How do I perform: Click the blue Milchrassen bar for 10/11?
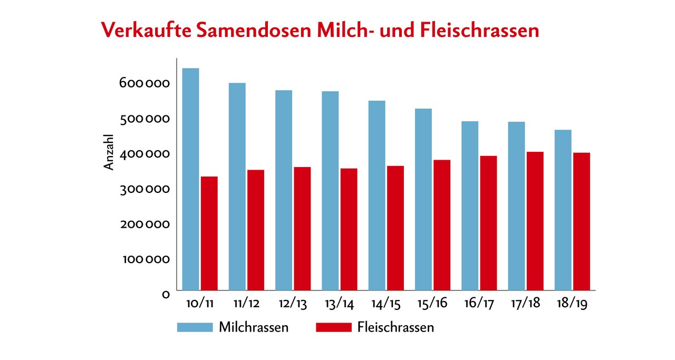pyautogui.click(x=190, y=179)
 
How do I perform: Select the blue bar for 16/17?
pyautogui.click(x=469, y=206)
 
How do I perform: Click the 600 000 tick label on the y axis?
pyautogui.click(x=144, y=83)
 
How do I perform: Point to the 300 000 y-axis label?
pyautogui.click(x=144, y=189)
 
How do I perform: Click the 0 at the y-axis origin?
pyautogui.click(x=166, y=294)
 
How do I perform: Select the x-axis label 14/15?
pyautogui.click(x=386, y=305)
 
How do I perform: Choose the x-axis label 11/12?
pyautogui.click(x=246, y=305)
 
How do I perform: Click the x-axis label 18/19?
pyautogui.click(x=572, y=305)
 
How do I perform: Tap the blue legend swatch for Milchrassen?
pyautogui.click(x=195, y=327)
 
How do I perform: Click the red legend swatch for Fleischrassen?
pyautogui.click(x=333, y=327)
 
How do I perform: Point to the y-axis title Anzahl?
pyautogui.click(x=109, y=152)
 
